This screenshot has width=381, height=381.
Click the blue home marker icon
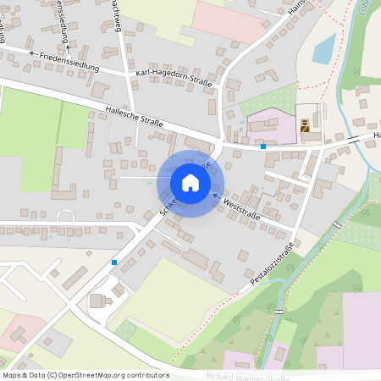tap(190, 183)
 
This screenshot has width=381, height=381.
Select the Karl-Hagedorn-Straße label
tap(174, 80)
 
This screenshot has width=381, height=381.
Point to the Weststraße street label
tap(240, 207)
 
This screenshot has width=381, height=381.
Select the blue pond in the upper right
tap(323, 50)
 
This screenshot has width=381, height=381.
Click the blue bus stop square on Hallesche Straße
tap(263, 146)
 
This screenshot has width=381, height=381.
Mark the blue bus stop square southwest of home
tap(114, 262)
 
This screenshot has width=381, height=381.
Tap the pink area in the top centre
tap(229, 21)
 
